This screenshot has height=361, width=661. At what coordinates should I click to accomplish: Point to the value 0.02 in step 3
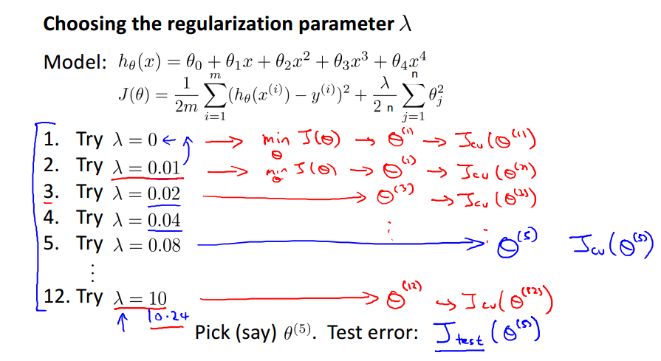pos(164,193)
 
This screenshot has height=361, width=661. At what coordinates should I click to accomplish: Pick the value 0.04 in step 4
pos(164,219)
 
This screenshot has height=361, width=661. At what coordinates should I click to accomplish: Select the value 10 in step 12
pos(157,299)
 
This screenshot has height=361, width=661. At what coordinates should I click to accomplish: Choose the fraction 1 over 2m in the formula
pos(180,97)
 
